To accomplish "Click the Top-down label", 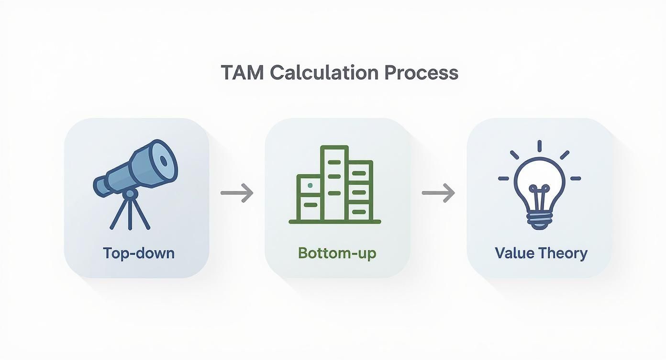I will pos(139,252).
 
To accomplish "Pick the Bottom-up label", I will pos(337,253).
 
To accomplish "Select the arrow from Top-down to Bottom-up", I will pos(237,193).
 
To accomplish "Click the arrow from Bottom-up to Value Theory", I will pos(438,193).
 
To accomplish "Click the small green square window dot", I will pos(310,185).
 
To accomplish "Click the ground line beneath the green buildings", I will pos(335,222).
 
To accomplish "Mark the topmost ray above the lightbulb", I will pos(539,146).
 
